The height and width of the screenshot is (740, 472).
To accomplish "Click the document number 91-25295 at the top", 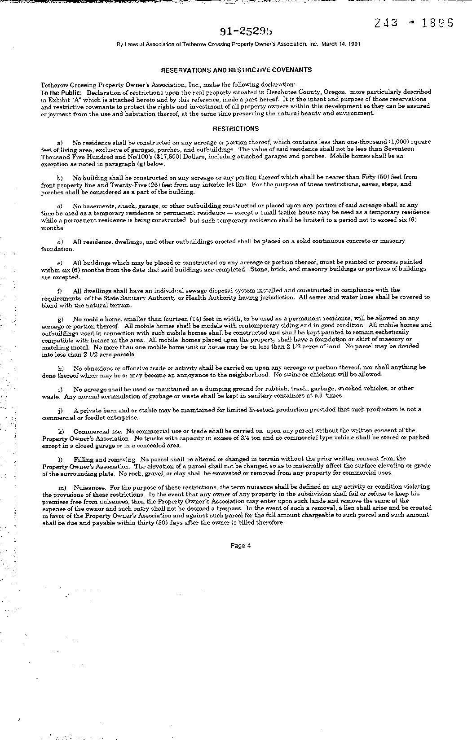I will click(x=246, y=31).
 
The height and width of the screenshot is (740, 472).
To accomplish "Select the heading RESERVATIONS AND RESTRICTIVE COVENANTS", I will click(x=236, y=70).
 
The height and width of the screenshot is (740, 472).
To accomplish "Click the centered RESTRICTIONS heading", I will click(x=236, y=129).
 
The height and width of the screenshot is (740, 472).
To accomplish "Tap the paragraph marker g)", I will click(x=61, y=319).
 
